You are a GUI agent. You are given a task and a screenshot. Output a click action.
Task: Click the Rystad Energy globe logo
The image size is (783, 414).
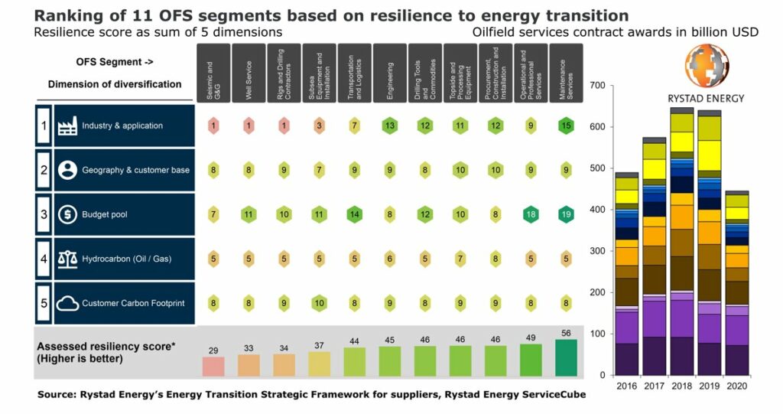coord(706,67)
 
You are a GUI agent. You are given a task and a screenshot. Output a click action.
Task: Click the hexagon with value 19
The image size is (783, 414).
coord(566,214)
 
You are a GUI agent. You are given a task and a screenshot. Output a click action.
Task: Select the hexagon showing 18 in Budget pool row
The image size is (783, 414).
coord(531,214)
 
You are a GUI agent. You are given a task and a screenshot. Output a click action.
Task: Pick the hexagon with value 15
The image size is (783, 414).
coord(566,126)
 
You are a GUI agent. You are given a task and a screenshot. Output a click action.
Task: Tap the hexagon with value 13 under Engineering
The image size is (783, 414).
coord(390,126)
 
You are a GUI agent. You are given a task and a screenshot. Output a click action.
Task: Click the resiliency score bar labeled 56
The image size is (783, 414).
coord(566,357)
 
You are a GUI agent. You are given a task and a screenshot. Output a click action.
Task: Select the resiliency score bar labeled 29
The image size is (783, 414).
coord(213,366)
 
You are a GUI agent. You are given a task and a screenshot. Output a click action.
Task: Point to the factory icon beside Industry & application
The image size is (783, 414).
coord(67,126)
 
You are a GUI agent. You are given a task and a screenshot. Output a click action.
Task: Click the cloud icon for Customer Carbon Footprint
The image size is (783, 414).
coord(67,302)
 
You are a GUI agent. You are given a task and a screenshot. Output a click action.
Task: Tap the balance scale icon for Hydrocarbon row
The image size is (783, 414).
coord(67,259)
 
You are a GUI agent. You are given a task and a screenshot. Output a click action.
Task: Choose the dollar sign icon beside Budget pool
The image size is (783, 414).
coord(67,214)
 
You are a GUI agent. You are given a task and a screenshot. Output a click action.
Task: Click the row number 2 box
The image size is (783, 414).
coord(44,170)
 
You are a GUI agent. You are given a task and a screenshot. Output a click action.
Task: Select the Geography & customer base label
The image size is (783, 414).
coord(135,170)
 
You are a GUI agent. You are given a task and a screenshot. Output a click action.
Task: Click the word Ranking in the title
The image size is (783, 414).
coord(67,15)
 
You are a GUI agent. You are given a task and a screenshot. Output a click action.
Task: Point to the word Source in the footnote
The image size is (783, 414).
coord(59,394)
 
